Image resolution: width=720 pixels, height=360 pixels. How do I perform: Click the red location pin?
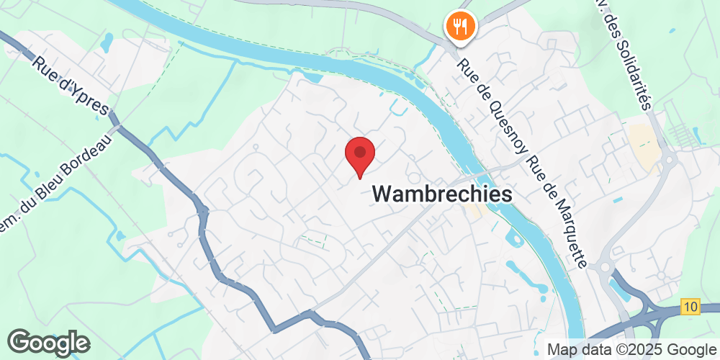click(x=360, y=155)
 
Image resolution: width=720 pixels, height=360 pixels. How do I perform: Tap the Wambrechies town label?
click(x=443, y=194)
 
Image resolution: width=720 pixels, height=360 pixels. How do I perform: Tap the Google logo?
click(x=49, y=342)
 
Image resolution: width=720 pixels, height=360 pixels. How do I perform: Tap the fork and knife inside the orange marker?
click(x=459, y=27)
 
